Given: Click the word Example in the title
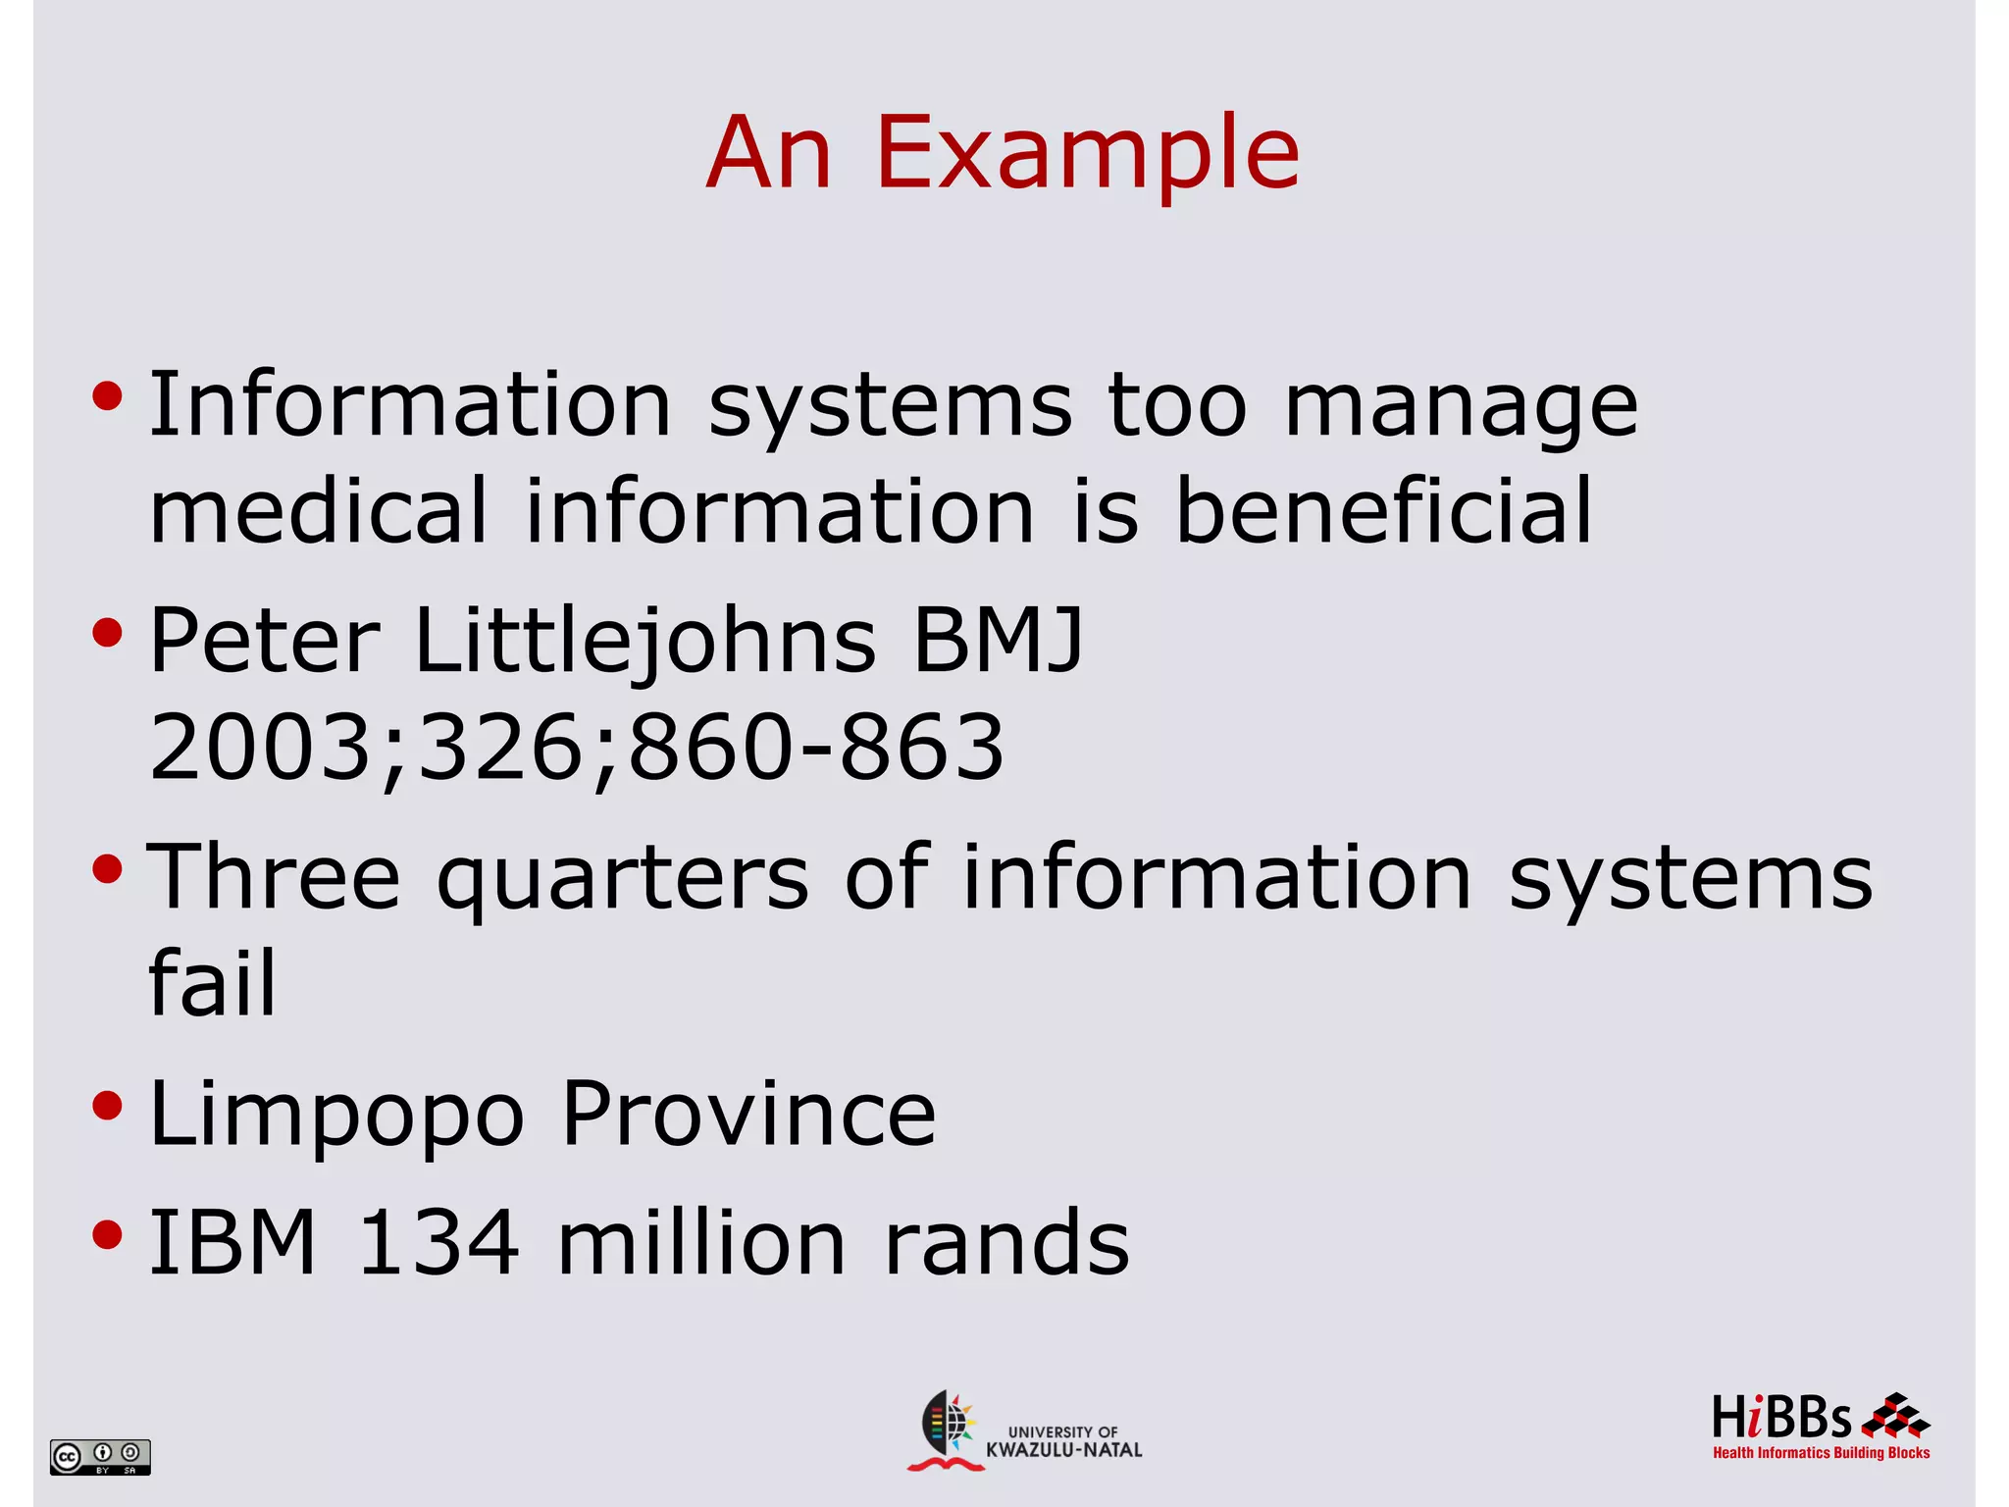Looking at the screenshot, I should tap(1087, 153).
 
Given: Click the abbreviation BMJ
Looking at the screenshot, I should tap(998, 640).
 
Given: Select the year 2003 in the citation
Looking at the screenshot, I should tap(261, 748).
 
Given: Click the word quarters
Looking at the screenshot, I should tap(623, 879).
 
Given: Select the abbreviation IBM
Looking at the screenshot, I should tap(233, 1242).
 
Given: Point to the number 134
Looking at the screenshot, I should tap(438, 1242).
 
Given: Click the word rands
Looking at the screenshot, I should tap(1007, 1242).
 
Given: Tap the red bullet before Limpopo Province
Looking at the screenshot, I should tap(107, 1106).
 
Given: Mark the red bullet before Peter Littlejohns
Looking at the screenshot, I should tap(107, 633).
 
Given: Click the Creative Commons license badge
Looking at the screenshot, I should tap(100, 1457).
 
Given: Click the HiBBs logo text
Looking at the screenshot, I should tap(1781, 1419).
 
